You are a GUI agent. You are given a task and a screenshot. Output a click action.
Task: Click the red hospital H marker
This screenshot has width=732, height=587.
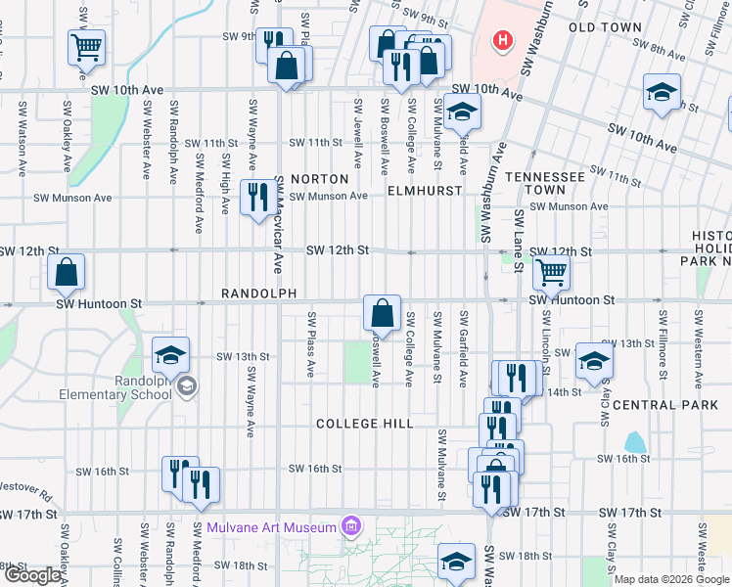[502, 40]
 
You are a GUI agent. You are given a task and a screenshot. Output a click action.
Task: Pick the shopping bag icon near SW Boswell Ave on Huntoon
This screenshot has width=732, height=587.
[382, 313]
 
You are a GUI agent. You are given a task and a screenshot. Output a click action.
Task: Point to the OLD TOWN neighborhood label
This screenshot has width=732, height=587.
[612, 27]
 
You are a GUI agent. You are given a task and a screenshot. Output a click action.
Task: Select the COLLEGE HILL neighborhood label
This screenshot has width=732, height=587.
[364, 424]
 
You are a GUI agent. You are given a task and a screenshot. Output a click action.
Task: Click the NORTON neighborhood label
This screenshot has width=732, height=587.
[319, 179]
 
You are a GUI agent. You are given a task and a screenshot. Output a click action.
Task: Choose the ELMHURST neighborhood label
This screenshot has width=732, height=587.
[424, 191]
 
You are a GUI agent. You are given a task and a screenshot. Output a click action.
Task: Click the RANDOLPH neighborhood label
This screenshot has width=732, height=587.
[258, 293]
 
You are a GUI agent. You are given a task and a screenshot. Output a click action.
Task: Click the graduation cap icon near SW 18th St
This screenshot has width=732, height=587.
[456, 561]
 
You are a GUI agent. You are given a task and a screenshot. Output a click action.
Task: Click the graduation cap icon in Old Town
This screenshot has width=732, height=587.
[663, 92]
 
